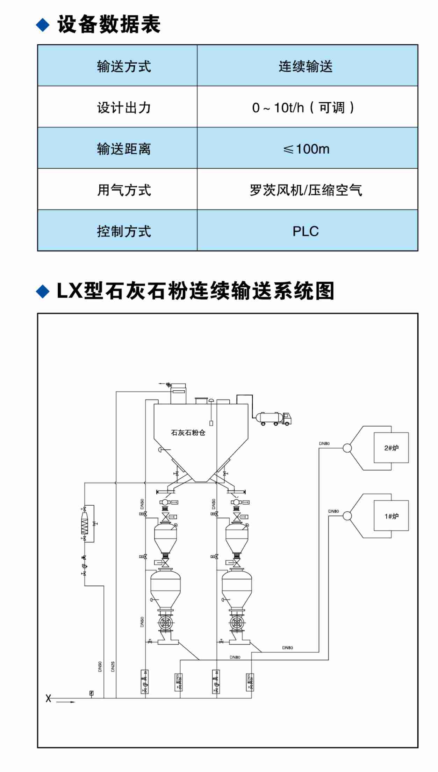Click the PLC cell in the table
[x=306, y=231]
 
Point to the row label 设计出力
[x=124, y=108]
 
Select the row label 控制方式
[x=124, y=231]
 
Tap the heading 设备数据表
[x=109, y=24]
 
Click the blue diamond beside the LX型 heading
[x=43, y=291]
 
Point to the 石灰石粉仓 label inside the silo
[x=188, y=433]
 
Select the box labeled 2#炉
[x=391, y=448]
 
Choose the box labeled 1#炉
[x=391, y=516]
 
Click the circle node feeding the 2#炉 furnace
[x=347, y=448]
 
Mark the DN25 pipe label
[x=113, y=666]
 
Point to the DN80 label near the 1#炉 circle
[x=333, y=511]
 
